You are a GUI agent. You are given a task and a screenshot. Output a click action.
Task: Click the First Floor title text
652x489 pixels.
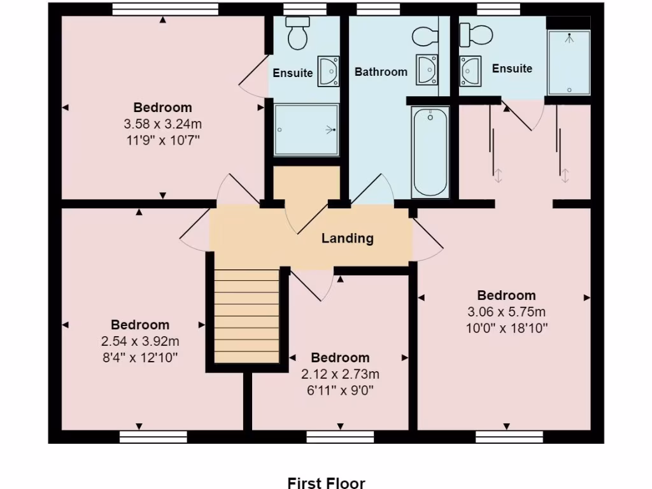click(326, 483)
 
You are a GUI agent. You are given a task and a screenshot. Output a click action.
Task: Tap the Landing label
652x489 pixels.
click(347, 239)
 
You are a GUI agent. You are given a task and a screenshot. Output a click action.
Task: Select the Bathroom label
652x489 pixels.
click(381, 72)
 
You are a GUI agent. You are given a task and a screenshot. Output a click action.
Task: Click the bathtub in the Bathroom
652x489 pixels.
click(431, 152)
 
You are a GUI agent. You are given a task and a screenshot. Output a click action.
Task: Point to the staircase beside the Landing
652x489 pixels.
click(246, 316)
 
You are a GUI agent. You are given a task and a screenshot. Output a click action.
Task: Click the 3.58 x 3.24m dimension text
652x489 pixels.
click(163, 124)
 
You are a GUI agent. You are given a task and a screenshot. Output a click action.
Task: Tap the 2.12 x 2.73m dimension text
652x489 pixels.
click(340, 374)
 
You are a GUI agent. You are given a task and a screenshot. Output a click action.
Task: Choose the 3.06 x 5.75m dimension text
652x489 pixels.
click(507, 312)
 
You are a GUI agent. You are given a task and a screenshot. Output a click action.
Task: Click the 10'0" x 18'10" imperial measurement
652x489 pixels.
click(507, 329)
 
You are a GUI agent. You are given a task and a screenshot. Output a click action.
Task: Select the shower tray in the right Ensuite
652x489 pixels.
click(569, 62)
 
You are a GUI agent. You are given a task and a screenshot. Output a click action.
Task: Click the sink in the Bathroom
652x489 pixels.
click(427, 69)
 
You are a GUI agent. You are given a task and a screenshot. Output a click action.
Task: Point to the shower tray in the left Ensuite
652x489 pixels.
click(306, 130)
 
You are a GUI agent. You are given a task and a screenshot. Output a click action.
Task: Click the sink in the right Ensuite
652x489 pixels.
click(471, 69)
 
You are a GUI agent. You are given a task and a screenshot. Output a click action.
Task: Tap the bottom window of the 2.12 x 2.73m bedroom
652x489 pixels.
click(340, 436)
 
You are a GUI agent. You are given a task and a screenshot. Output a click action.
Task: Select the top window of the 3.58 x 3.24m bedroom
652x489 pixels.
click(165, 9)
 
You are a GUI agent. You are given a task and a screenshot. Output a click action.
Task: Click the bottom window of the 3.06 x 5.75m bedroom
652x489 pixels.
click(509, 436)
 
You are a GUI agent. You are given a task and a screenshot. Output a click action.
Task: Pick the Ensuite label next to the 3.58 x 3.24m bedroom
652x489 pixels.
click(293, 73)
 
